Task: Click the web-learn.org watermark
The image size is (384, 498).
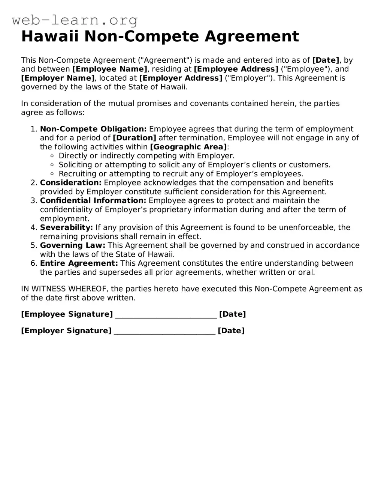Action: pos(75,20)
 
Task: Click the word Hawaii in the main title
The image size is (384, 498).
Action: pos(51,37)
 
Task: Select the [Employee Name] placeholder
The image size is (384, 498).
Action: pos(110,69)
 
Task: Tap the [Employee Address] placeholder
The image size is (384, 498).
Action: pos(236,69)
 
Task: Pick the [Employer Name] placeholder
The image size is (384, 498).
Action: pos(58,78)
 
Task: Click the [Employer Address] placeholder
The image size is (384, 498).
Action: pos(181,78)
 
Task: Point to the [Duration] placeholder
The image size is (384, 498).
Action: pos(134,138)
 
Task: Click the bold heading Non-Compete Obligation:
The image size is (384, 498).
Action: pos(93,129)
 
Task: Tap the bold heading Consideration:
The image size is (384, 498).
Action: pos(71,183)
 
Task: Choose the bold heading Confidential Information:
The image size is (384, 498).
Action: pos(93,201)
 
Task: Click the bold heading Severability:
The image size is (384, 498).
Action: pos(66,227)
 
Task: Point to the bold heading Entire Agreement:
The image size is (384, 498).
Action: pos(79,263)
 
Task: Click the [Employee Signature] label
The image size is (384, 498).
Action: pos(67,314)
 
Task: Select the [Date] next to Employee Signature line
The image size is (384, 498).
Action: pos(232,314)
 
